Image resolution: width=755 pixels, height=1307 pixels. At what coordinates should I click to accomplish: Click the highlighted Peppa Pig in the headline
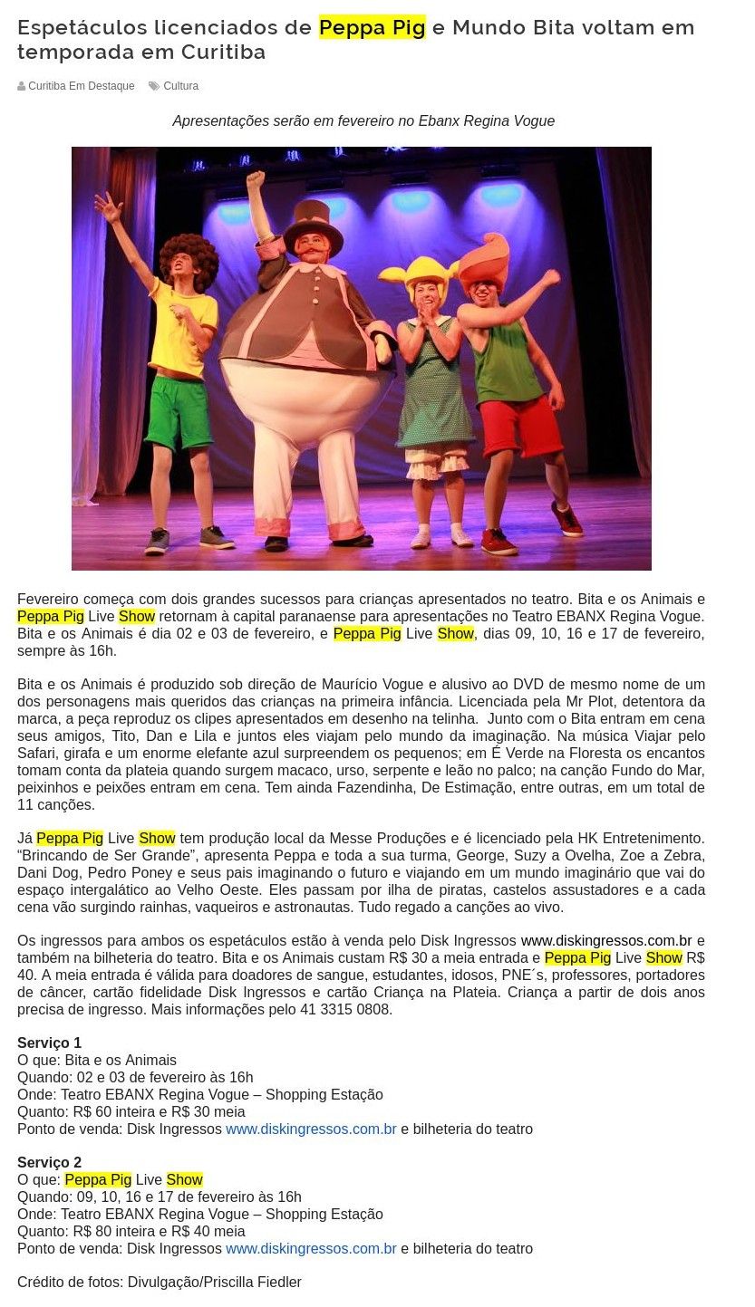[x=372, y=28]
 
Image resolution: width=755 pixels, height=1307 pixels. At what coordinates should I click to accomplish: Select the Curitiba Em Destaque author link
[x=81, y=86]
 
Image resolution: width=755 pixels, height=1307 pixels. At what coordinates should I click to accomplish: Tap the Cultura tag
[x=180, y=86]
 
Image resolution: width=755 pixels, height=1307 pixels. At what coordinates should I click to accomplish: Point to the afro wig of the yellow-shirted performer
[x=189, y=257]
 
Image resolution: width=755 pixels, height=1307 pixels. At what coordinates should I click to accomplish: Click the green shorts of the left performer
[x=179, y=412]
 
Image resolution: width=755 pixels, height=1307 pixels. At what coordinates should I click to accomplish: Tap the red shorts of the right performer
[x=520, y=424]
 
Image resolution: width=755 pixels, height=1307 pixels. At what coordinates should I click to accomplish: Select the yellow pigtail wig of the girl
[x=420, y=271]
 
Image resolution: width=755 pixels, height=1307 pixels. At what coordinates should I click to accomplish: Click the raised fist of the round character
[x=256, y=178]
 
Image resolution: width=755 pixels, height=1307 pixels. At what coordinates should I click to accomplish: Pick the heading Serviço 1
[x=49, y=1043]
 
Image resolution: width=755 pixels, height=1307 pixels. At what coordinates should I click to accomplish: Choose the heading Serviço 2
[x=49, y=1162]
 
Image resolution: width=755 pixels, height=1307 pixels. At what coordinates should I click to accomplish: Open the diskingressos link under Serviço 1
[x=311, y=1129]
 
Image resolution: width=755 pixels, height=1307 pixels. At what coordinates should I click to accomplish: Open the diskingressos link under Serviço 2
[x=311, y=1248]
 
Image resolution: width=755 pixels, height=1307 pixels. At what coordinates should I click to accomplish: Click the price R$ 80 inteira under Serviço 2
[x=115, y=1231]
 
